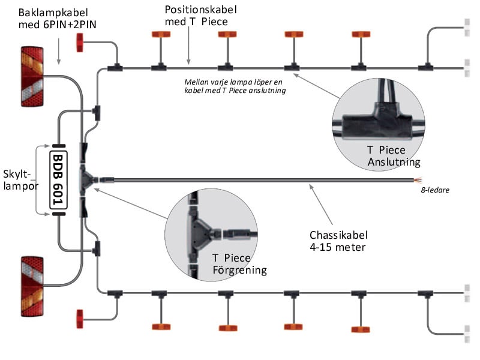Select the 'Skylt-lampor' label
click(x=21, y=179)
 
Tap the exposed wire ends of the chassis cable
click(x=415, y=179)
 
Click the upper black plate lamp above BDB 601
click(x=58, y=146)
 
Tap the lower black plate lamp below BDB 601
click(x=58, y=214)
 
